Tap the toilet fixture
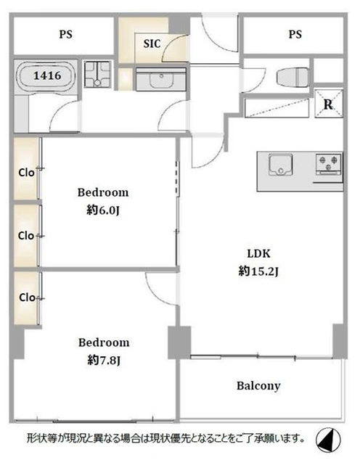[x=292, y=77]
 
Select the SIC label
[x=152, y=44]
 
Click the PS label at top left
[x=66, y=34]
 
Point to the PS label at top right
[x=295, y=34]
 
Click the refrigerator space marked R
[x=329, y=104]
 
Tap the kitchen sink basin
[x=280, y=165]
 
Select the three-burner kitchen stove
[x=329, y=164]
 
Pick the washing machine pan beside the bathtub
[x=97, y=74]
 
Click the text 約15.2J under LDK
[x=258, y=271]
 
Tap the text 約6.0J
[x=103, y=210]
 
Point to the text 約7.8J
[x=104, y=360]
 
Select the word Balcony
[x=258, y=386]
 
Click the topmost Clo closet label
[x=26, y=173]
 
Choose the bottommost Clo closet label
[x=27, y=297]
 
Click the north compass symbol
[x=328, y=440]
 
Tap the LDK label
[x=259, y=253]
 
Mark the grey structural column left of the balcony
[x=179, y=342]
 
